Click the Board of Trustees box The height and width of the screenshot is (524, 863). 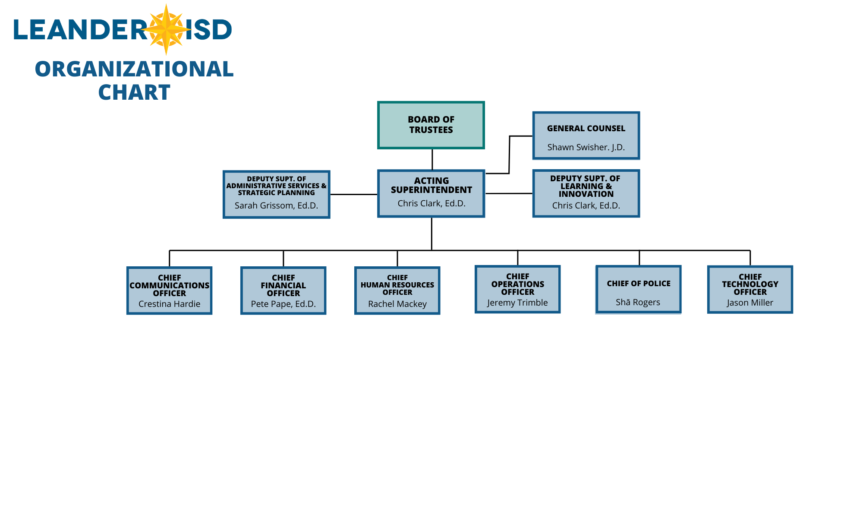point(431,125)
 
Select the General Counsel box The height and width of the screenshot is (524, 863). point(586,136)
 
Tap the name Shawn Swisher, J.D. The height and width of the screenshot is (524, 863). point(586,147)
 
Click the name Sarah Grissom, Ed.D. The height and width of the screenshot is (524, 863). point(276,205)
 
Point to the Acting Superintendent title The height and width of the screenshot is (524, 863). point(431,185)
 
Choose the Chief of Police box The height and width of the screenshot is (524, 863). point(638,289)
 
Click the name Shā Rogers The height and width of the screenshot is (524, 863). point(638,302)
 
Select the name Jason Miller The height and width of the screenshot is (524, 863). point(750,303)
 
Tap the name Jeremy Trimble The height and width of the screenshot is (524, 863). point(517,303)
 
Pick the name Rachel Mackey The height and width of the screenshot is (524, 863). point(397,304)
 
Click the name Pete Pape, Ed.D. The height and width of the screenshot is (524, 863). point(283,304)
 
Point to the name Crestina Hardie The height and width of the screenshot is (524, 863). point(169,304)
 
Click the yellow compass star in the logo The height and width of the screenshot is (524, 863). point(166,29)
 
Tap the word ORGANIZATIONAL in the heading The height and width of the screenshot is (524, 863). point(134,69)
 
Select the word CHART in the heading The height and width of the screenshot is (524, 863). point(134,92)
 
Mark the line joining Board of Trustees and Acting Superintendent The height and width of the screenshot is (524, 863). point(432,159)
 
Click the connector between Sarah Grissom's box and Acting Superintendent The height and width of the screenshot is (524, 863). point(354,194)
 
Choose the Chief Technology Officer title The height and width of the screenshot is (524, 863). point(750,284)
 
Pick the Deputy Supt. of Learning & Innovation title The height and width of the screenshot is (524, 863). point(586,186)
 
